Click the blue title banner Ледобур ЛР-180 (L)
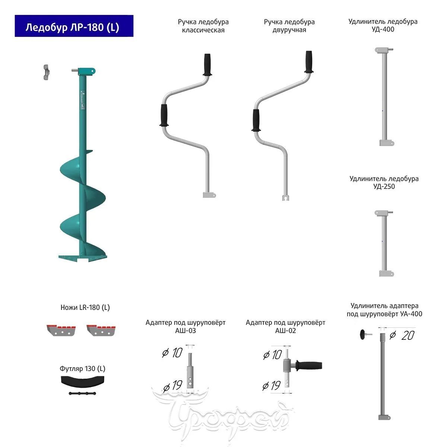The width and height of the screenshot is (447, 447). click(74, 26)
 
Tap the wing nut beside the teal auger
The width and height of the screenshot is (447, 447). click(46, 73)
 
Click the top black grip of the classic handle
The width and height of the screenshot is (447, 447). click(207, 65)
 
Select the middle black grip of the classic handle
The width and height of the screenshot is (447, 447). click(164, 115)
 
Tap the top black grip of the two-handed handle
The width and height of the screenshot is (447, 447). click(309, 62)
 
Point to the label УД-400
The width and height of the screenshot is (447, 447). click(383, 29)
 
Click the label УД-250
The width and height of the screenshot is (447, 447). click(384, 187)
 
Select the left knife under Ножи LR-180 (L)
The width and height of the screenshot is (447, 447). click(61, 330)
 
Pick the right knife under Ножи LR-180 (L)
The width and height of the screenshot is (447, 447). click(101, 330)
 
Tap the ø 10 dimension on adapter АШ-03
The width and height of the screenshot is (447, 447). click(172, 353)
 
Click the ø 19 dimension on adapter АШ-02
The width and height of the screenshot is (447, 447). click(272, 386)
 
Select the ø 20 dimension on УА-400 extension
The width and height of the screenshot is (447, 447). click(402, 335)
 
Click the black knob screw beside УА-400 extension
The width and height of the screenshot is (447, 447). click(365, 335)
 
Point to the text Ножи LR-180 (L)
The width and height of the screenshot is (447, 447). click(85, 308)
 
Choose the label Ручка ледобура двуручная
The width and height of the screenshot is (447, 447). click(289, 26)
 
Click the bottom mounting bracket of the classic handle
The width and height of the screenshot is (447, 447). click(209, 195)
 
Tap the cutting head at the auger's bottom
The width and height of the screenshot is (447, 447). click(83, 258)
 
